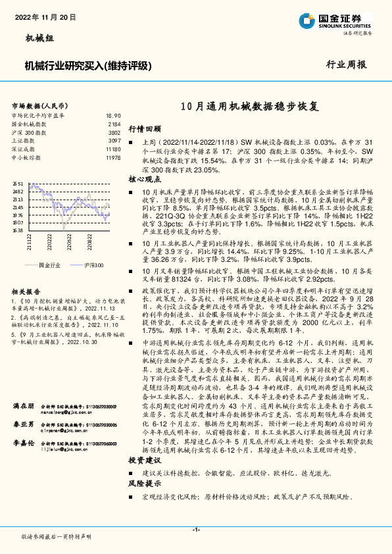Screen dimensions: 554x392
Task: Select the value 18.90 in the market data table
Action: coord(113,114)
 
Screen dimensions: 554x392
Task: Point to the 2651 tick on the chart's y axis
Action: coord(18,184)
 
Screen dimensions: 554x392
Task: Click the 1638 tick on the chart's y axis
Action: coord(18,231)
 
